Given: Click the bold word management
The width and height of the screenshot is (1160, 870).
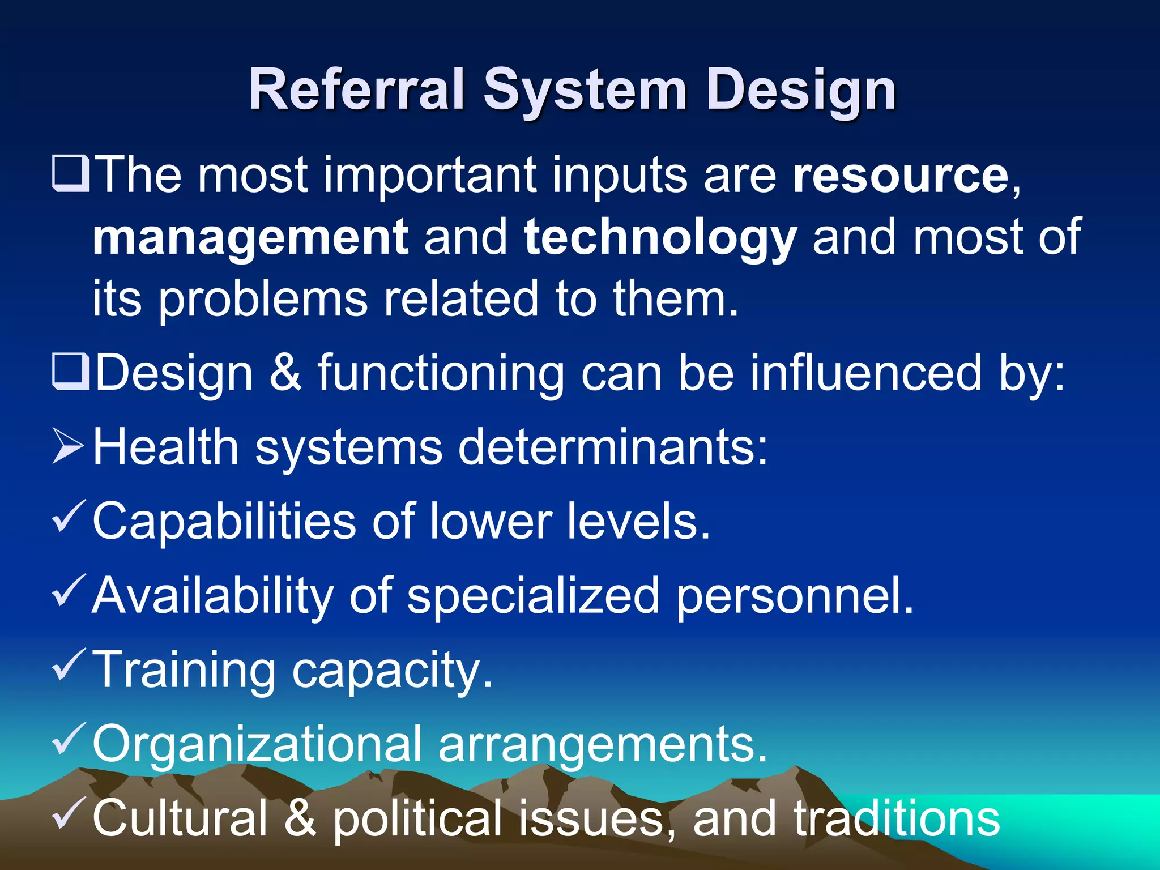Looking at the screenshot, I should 250,238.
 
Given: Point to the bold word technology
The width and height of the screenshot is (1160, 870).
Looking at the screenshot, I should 660,238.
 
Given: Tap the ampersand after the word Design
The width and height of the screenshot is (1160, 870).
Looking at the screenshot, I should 285,373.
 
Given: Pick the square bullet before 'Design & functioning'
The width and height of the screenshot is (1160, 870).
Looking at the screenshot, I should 70,372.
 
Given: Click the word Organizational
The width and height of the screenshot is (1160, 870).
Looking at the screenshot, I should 257,744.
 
